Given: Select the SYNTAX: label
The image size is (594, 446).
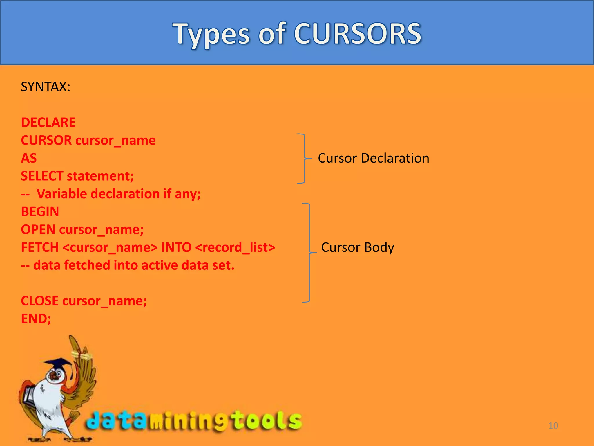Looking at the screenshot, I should [x=46, y=87].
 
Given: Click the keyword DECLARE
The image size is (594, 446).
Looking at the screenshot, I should [x=48, y=123].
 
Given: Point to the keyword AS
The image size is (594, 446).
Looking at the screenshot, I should [x=29, y=158].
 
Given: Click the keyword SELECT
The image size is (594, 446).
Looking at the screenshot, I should [x=42, y=176].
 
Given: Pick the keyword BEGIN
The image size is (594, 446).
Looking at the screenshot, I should [x=40, y=212].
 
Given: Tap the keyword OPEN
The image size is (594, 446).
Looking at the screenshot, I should [x=38, y=230].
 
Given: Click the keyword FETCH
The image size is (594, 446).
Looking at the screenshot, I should [x=40, y=247].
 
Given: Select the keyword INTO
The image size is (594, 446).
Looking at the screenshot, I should [x=176, y=247].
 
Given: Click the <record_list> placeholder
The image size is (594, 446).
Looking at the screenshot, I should [x=235, y=247].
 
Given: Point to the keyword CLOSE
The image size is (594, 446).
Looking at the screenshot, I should [x=40, y=301].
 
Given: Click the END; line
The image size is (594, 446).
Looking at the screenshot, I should [x=36, y=319].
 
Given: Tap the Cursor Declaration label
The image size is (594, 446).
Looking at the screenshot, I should [x=373, y=158].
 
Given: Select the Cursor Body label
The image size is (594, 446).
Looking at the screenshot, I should [x=357, y=247].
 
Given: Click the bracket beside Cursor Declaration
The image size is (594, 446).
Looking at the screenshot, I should [x=304, y=159].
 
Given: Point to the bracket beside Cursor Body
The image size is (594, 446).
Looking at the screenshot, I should [x=309, y=253].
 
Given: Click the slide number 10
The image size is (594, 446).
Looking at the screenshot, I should [x=553, y=426].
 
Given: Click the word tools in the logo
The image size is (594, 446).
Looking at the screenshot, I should [x=267, y=420].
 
